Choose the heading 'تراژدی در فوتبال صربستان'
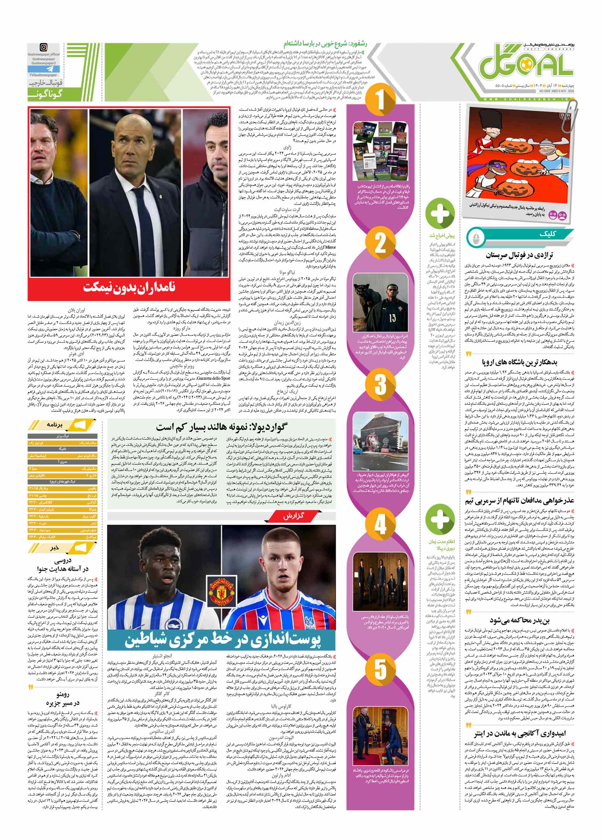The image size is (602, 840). tap(525, 255)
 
